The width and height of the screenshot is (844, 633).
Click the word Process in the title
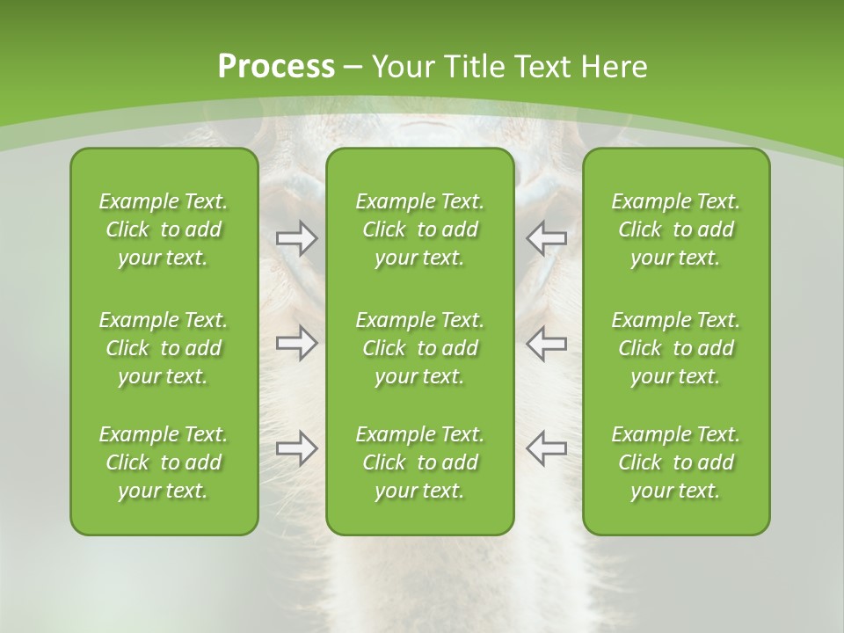click(x=276, y=67)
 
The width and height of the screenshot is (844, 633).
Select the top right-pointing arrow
click(x=296, y=238)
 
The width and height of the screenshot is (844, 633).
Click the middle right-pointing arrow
click(x=296, y=343)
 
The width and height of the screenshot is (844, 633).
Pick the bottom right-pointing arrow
click(x=296, y=448)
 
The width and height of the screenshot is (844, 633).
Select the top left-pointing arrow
click(x=546, y=238)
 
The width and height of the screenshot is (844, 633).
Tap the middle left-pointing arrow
click(x=546, y=343)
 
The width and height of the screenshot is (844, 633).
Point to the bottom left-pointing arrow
click(x=546, y=448)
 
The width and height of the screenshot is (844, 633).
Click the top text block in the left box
click(x=164, y=229)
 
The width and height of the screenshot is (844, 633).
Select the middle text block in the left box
click(x=164, y=348)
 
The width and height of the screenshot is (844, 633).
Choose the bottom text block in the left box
click(x=164, y=462)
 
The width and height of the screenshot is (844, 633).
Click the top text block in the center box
click(x=420, y=229)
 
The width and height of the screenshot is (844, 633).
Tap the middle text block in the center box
click(x=420, y=348)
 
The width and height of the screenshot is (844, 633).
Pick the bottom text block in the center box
click(x=420, y=462)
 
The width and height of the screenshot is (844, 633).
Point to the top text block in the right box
click(x=676, y=229)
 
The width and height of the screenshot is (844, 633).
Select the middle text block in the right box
click(x=676, y=348)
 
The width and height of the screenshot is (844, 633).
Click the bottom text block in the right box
click(x=676, y=462)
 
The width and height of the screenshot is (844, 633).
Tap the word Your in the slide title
click(x=400, y=67)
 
